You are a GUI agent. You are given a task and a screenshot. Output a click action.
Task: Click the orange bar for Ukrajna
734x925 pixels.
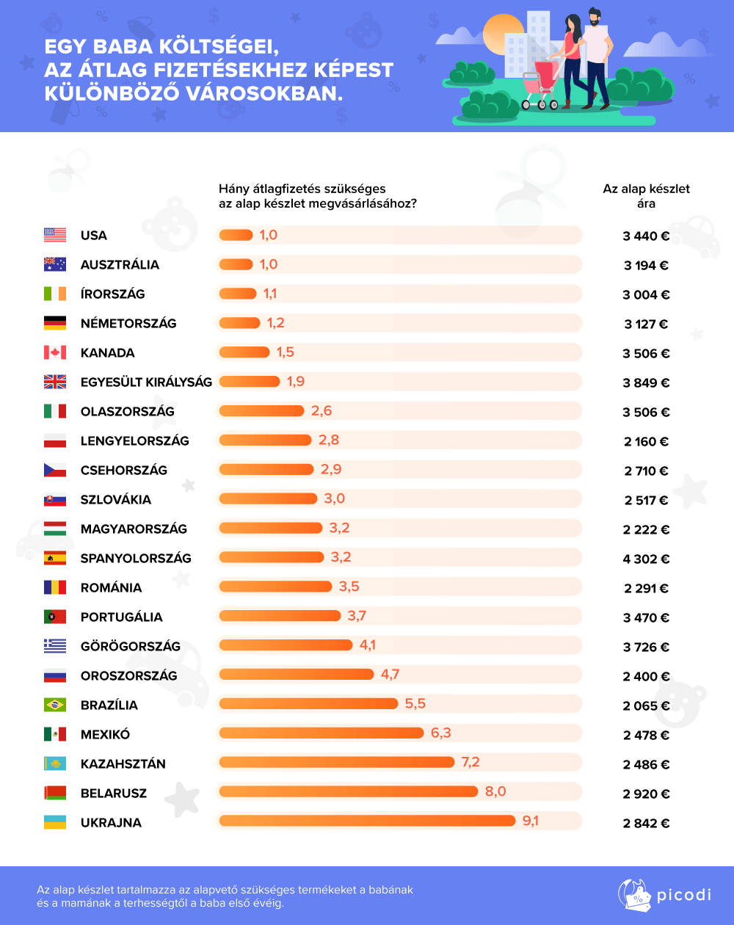[x=367, y=821]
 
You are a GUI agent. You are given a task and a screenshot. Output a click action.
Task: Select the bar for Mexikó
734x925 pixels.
[x=321, y=733]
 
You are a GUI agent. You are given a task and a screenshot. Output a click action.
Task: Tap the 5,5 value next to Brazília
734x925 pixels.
[x=415, y=703]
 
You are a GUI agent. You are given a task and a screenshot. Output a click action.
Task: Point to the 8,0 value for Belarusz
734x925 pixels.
[x=495, y=791]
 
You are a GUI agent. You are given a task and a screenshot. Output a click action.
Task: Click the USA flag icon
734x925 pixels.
[x=55, y=235]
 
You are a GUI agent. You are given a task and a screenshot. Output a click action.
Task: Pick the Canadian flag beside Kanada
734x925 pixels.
[x=55, y=352]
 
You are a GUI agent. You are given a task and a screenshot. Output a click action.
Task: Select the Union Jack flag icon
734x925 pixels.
[x=55, y=382]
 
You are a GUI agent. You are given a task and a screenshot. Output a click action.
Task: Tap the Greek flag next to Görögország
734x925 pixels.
[x=55, y=646]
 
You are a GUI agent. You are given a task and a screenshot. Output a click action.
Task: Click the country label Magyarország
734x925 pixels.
[x=134, y=529]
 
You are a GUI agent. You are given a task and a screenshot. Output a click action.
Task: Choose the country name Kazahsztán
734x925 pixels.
[x=123, y=763]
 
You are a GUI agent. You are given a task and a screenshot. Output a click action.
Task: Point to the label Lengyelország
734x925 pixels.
[x=135, y=440]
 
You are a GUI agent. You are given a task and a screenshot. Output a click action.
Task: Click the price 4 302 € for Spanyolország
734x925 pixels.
[x=646, y=559]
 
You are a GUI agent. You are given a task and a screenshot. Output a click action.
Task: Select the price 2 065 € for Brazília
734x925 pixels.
[x=646, y=705]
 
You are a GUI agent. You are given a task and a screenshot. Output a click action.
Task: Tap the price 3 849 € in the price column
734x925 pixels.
[x=646, y=382]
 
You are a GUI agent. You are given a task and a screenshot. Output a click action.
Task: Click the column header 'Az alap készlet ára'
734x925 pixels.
[x=646, y=196]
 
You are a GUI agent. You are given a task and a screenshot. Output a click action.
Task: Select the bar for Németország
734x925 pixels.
[x=239, y=322]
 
